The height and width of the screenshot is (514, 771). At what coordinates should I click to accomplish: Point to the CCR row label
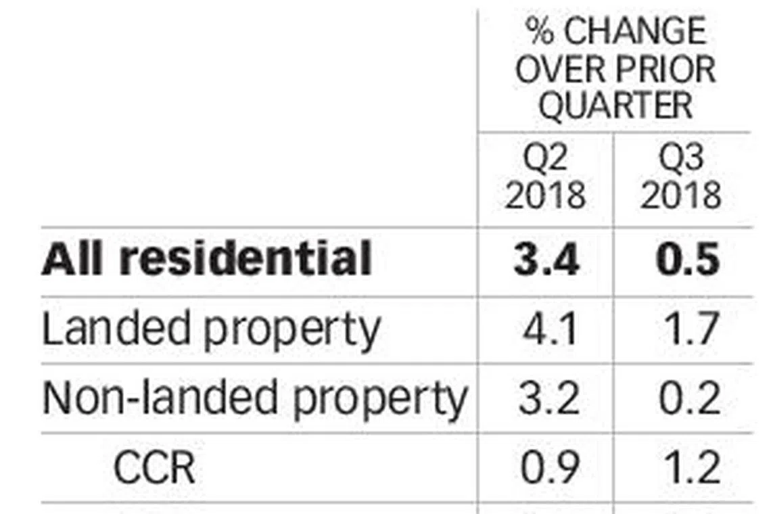tap(154, 467)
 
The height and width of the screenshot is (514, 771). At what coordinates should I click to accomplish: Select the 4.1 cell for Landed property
tap(548, 330)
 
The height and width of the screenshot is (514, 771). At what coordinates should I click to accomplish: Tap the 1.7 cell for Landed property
tap(689, 330)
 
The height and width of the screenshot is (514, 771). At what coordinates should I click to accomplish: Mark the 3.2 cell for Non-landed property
tap(548, 398)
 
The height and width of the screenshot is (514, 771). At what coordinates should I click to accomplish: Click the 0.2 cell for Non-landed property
tap(689, 398)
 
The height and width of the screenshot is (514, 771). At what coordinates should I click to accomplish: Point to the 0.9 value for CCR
tap(548, 467)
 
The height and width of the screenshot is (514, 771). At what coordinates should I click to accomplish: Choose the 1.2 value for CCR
tap(689, 467)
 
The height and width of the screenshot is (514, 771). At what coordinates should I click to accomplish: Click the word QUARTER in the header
tap(615, 106)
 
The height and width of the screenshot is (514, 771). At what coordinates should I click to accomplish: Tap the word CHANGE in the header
tap(634, 32)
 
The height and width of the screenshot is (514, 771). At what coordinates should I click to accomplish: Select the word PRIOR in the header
tap(665, 69)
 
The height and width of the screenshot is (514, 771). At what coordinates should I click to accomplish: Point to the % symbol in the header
tap(539, 32)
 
